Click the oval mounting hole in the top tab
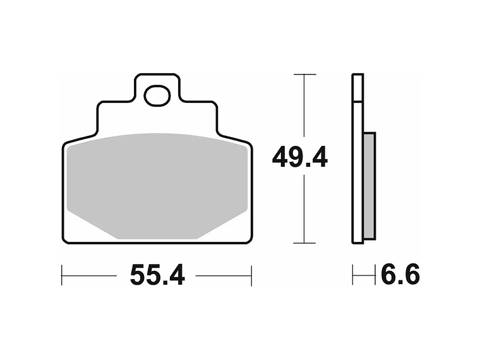pos(157,96)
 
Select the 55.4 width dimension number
pos(157,275)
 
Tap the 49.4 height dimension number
pos(299,157)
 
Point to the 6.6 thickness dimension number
pos(400,275)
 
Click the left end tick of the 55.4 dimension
pos(62,275)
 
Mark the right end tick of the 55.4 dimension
pos(251,275)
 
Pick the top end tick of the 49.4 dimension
pos(304,75)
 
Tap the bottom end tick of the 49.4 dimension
pos(304,243)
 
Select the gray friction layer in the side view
pos(369,186)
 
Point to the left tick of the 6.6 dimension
pos(353,275)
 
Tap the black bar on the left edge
pos(30,180)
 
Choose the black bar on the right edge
pos(450,180)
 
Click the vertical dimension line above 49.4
pos(304,107)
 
